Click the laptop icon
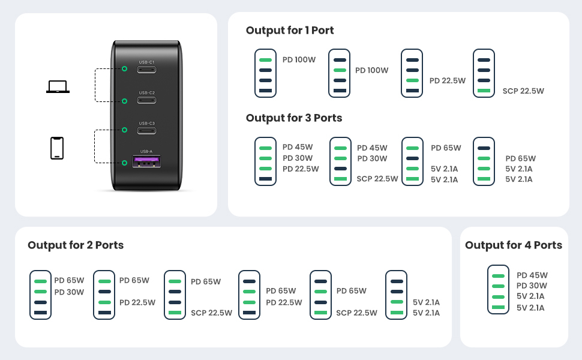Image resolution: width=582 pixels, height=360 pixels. pyautogui.click(x=58, y=87)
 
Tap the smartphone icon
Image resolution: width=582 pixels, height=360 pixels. pyautogui.click(x=57, y=148)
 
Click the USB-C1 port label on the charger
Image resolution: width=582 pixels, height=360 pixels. pyautogui.click(x=146, y=62)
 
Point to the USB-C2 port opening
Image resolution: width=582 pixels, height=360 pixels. pyautogui.click(x=146, y=100)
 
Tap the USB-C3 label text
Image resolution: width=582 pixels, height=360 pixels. pyautogui.click(x=146, y=123)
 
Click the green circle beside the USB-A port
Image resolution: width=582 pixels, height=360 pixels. pyautogui.click(x=124, y=163)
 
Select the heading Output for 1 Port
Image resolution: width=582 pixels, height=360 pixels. pyautogui.click(x=290, y=31)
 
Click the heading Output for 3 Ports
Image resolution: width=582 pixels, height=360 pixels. pyautogui.click(x=294, y=118)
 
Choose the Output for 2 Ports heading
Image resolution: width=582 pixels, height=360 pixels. pyautogui.click(x=76, y=245)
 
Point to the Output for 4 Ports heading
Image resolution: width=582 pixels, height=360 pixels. pyautogui.click(x=514, y=245)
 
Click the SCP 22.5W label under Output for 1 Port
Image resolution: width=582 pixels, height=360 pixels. pyautogui.click(x=523, y=91)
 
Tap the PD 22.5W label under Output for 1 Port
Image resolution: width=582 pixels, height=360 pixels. pyautogui.click(x=447, y=80)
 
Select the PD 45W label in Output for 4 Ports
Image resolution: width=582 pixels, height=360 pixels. pyautogui.click(x=532, y=275)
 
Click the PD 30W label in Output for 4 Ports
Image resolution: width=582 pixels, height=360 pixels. pyautogui.click(x=532, y=286)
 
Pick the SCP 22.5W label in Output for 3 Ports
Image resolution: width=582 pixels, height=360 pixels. pyautogui.click(x=377, y=179)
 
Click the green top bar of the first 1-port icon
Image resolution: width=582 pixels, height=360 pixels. pyautogui.click(x=265, y=60)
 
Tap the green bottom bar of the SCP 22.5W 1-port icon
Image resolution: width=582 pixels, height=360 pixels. pyautogui.click(x=484, y=91)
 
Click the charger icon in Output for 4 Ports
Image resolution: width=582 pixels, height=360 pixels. pyautogui.click(x=498, y=289)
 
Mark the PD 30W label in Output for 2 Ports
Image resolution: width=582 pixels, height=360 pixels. pyautogui.click(x=69, y=292)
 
